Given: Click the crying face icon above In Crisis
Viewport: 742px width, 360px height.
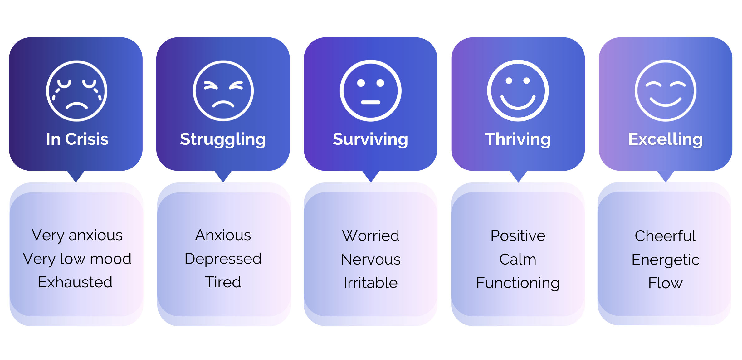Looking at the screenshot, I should point(77,91).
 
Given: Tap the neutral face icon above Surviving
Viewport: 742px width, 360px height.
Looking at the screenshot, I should point(370,91).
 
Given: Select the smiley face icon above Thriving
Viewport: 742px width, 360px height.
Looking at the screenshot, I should point(518,91).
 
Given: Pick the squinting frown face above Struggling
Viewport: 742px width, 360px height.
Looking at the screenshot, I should point(223,91).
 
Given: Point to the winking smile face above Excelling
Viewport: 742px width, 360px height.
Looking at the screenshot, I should point(665,91).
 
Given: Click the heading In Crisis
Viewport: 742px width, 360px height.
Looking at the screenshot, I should point(77,139).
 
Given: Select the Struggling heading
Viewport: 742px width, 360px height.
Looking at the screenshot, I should point(223,139).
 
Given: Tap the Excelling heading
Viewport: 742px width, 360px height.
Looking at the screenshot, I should point(665,139).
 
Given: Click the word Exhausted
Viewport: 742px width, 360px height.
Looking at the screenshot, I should point(75,282).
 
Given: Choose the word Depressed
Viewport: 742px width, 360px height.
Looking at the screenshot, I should point(223,259).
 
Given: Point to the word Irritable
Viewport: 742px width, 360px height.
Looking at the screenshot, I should point(370,283).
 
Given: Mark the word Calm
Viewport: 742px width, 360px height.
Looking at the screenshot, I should point(518,260).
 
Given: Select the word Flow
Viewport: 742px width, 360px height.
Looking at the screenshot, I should point(665,283).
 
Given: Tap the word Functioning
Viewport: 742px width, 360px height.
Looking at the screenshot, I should point(518,283).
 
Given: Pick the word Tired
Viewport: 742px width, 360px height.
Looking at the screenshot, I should point(223,282).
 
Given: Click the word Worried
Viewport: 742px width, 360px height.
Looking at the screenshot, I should point(370,236).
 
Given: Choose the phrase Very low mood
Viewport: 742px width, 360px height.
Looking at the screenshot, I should point(77,259).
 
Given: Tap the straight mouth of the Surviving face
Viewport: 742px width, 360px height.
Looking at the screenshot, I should point(370,102).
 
